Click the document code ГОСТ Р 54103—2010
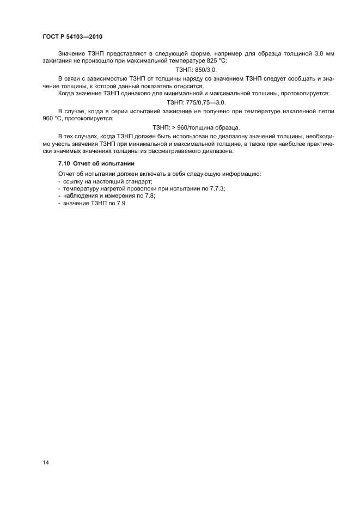coord(72,36)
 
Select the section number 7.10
coord(65,163)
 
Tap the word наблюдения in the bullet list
coord(80,195)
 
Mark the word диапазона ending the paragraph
coord(216,151)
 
